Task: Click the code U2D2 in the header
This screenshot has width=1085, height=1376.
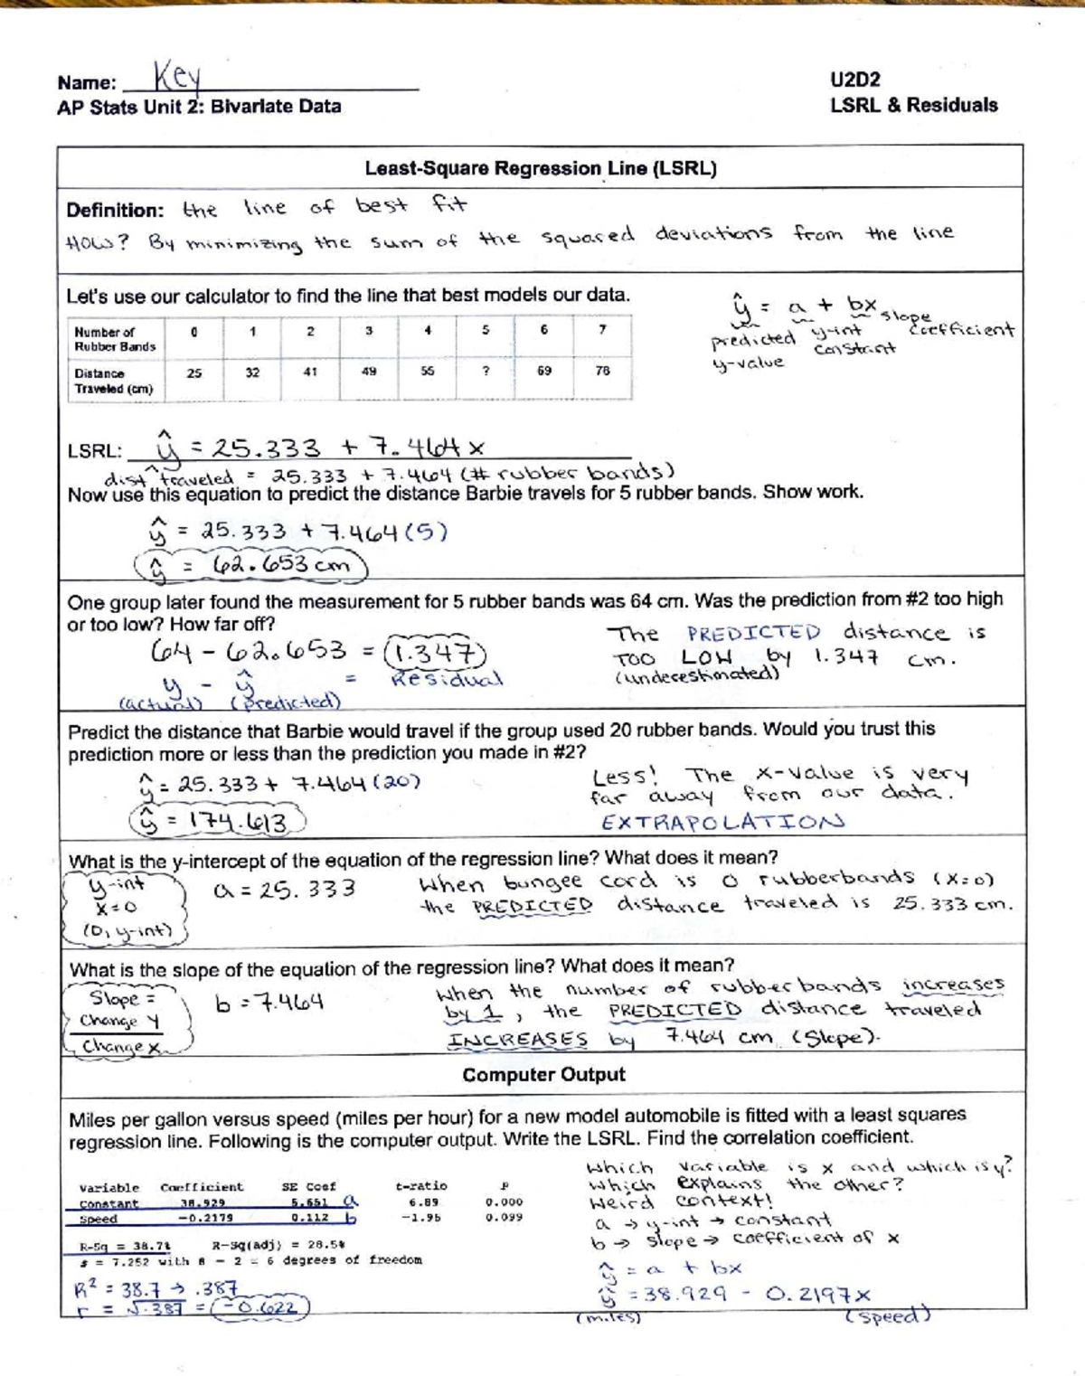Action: (x=854, y=80)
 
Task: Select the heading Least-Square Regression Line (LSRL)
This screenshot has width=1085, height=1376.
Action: (x=541, y=168)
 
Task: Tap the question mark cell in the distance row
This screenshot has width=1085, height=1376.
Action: (x=486, y=371)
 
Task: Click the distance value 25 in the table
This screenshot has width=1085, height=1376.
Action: (x=194, y=372)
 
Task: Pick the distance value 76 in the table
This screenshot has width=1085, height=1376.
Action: (x=602, y=371)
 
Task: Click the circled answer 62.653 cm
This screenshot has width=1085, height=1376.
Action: (x=251, y=566)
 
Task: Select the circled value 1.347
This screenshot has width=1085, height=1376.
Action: (x=435, y=652)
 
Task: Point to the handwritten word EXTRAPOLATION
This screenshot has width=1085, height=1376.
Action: (x=722, y=822)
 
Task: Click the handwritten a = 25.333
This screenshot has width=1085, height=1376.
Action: (x=285, y=890)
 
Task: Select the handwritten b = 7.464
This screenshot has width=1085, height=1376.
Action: (x=269, y=1003)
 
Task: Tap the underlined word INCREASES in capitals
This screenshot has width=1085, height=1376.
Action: (x=517, y=1040)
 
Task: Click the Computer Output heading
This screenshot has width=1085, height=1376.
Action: (x=543, y=1075)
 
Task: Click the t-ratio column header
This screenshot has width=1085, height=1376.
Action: (x=420, y=1186)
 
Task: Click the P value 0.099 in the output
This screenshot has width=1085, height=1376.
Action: (x=504, y=1218)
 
